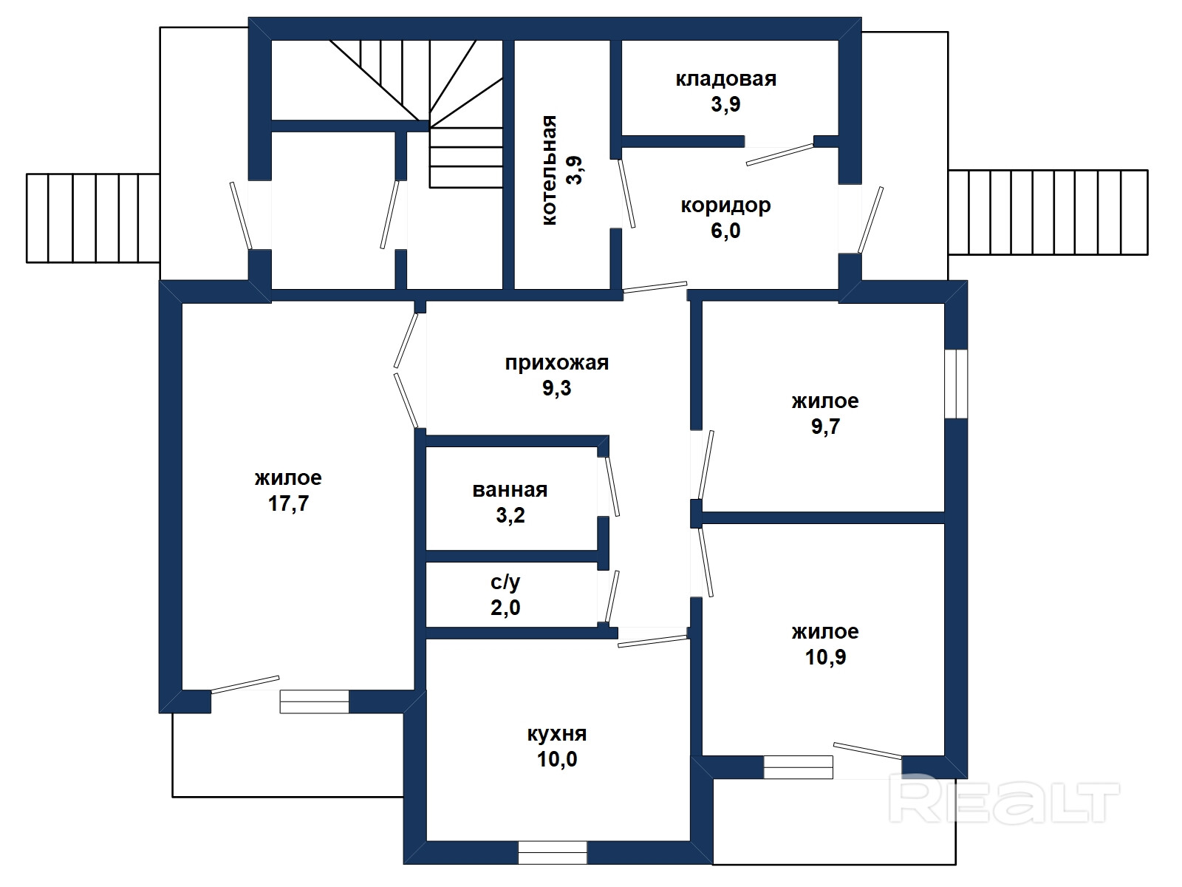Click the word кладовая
726,80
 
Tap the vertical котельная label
549,170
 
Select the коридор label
726,205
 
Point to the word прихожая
557,363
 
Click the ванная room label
510,490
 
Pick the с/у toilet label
505,582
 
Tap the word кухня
557,733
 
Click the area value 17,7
289,503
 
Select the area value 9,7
825,426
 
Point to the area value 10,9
825,657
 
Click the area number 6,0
726,231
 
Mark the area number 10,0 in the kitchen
557,759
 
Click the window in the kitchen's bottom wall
553,852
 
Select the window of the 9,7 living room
957,384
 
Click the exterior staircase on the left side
93,218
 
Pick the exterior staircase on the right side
1048,212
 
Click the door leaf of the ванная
612,487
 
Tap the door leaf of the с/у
612,597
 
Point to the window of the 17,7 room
315,701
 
